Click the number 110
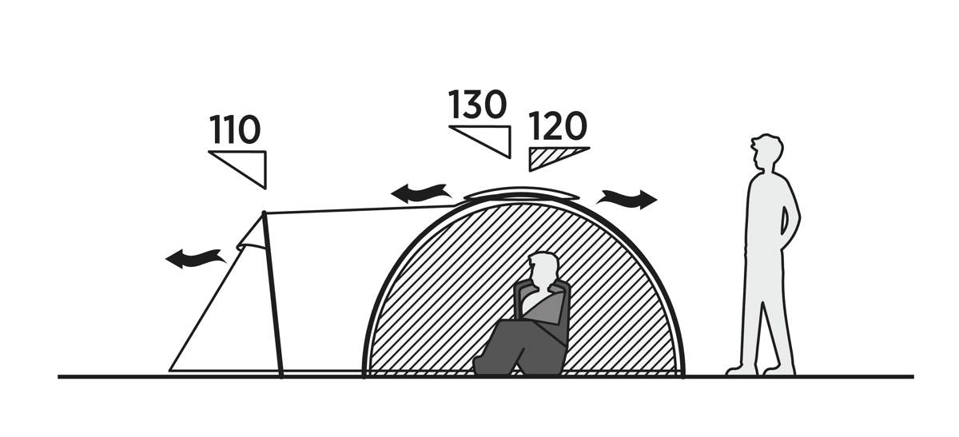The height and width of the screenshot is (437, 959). click(x=235, y=129)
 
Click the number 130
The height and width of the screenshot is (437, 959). click(x=477, y=105)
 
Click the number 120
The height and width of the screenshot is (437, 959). click(x=558, y=126)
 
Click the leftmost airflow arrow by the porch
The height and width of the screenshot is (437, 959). click(x=196, y=259)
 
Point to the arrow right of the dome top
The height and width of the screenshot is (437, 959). click(x=627, y=199)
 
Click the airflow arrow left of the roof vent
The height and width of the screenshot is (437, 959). click(x=421, y=193)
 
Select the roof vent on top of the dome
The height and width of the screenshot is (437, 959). click(x=521, y=194)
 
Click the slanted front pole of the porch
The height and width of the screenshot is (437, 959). click(x=273, y=295)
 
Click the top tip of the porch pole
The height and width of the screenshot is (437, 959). click(x=264, y=213)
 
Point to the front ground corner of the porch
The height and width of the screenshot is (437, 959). click(x=170, y=370)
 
